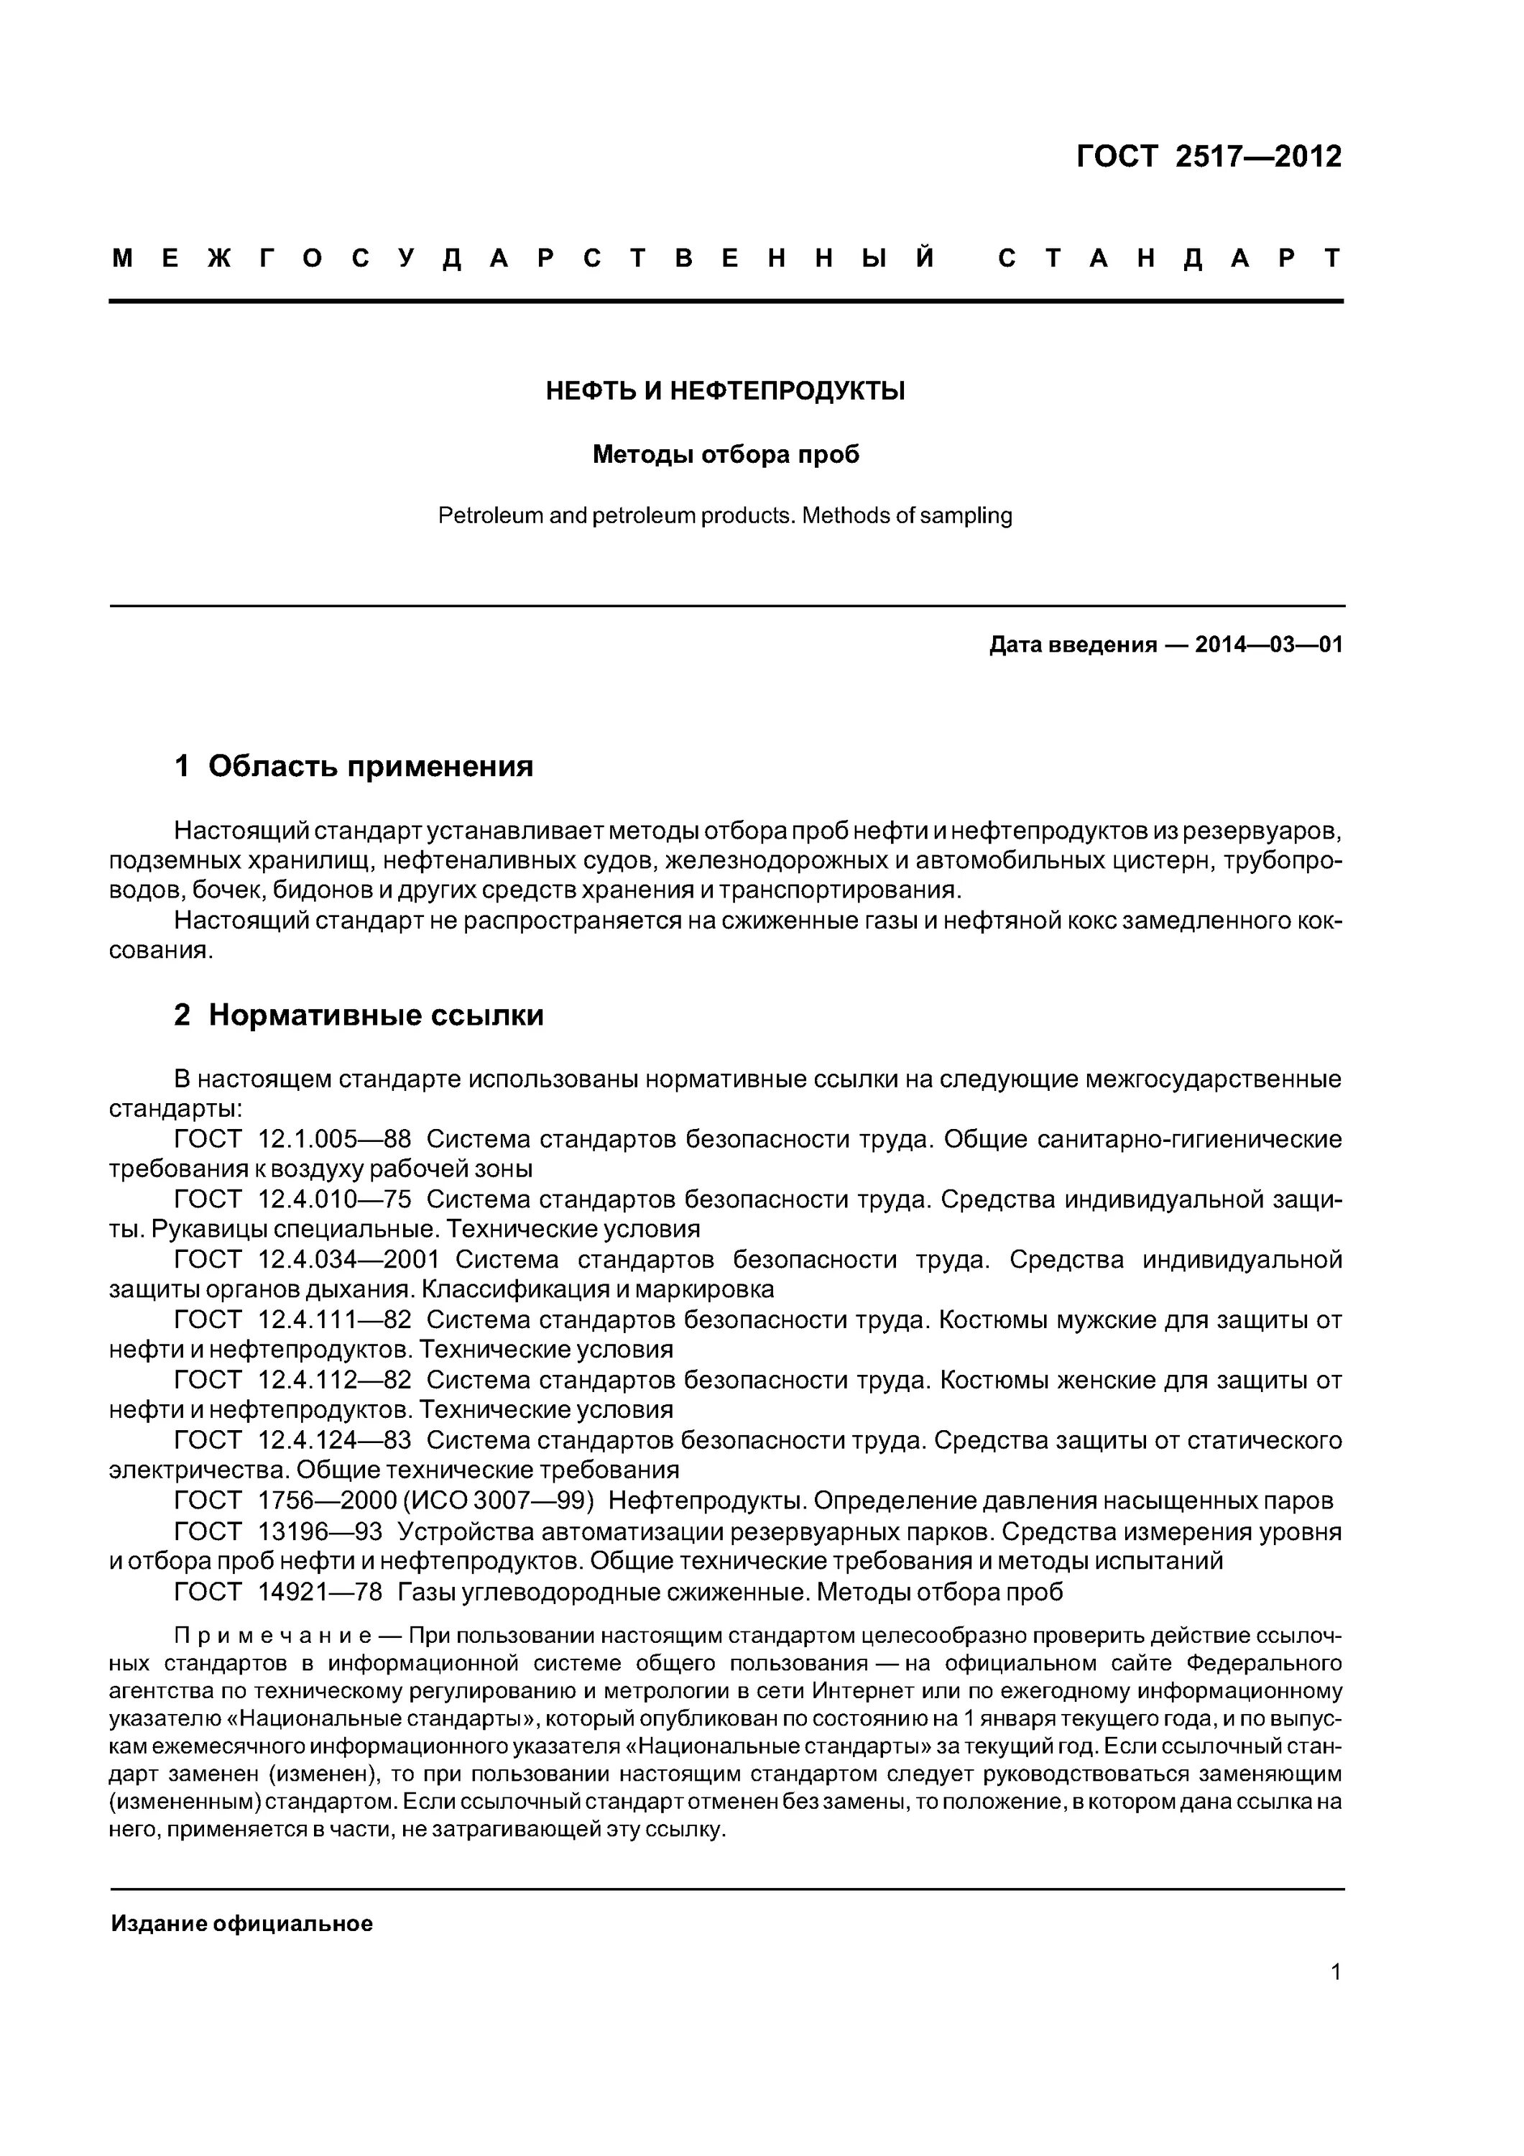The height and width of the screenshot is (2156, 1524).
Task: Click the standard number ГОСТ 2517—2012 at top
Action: coord(1209,156)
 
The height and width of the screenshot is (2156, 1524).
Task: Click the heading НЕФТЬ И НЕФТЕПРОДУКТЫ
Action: coord(725,391)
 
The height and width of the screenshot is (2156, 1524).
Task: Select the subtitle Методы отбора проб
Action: coord(725,454)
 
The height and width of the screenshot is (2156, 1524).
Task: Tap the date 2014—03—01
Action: coord(1269,645)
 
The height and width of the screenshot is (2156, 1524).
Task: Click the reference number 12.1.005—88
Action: coord(334,1139)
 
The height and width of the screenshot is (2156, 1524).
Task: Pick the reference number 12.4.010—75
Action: coord(334,1199)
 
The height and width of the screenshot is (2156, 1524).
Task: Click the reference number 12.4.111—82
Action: coord(334,1319)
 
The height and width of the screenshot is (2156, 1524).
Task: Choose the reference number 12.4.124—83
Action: coord(334,1439)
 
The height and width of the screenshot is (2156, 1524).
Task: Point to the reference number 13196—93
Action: coord(319,1531)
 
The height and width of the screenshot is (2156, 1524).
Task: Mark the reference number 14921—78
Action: coord(319,1592)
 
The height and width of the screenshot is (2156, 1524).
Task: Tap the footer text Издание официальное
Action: coord(241,1923)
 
